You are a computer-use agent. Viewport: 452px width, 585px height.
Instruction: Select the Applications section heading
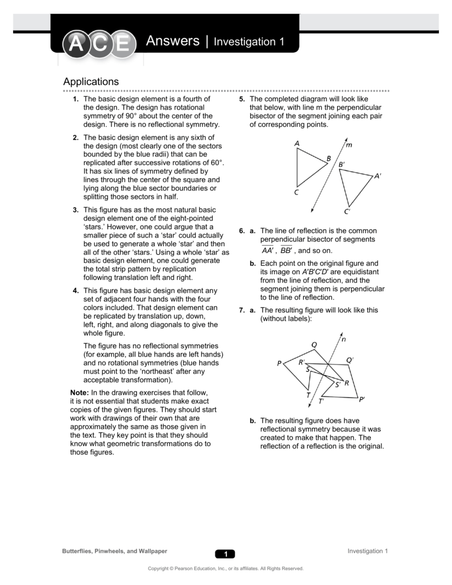click(91, 82)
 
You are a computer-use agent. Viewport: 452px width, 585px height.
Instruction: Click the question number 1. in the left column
click(75, 99)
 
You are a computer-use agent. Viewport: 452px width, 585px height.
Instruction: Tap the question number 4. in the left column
click(75, 291)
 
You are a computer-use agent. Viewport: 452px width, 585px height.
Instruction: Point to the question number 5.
click(242, 99)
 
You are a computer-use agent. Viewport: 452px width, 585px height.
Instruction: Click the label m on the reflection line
click(349, 145)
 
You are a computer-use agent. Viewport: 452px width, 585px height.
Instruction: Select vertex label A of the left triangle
click(297, 144)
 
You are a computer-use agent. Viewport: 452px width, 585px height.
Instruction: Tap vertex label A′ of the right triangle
click(377, 177)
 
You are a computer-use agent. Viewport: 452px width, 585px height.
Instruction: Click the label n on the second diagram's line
click(343, 339)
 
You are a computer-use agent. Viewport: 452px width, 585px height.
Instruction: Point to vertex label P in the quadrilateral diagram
click(279, 363)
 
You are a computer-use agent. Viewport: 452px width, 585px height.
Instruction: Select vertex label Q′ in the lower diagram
click(350, 360)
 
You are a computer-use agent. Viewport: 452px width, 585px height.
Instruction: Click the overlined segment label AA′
click(267, 250)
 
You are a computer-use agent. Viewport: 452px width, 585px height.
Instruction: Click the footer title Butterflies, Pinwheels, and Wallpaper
click(114, 551)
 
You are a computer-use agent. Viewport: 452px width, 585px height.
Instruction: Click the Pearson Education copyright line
click(226, 568)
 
